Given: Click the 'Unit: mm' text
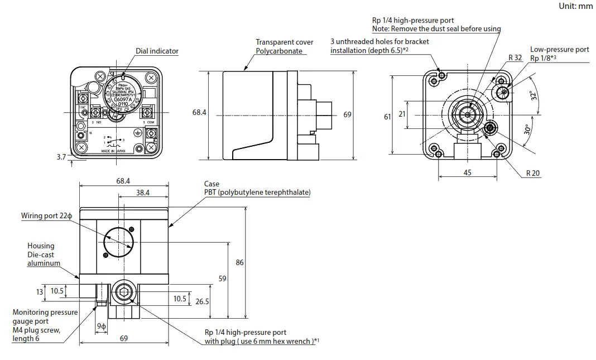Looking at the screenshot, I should [x=576, y=6].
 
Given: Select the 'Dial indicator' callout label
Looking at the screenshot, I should [x=157, y=51].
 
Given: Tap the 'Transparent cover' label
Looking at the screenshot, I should [x=285, y=42].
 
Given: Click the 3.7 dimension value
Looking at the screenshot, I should [x=61, y=157].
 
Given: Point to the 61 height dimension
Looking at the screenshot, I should [x=387, y=117].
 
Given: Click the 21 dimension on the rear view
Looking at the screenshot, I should [x=402, y=114].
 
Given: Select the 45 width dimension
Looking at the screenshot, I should [x=467, y=172].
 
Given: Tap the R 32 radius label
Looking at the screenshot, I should [x=515, y=57].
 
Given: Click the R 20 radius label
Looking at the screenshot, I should [x=533, y=174].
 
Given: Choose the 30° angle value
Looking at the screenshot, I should [x=528, y=129].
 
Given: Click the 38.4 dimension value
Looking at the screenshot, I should [x=143, y=192].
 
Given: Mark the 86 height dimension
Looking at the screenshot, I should [x=240, y=262].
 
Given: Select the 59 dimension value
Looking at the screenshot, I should [x=223, y=278].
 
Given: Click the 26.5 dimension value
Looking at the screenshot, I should [x=202, y=301].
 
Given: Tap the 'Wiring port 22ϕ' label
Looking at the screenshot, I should [x=47, y=215].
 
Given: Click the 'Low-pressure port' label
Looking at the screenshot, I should [x=559, y=49].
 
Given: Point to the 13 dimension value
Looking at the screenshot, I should [x=39, y=291].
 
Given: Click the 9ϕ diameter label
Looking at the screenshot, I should [x=101, y=326].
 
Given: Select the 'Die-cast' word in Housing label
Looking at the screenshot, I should [x=41, y=255].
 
